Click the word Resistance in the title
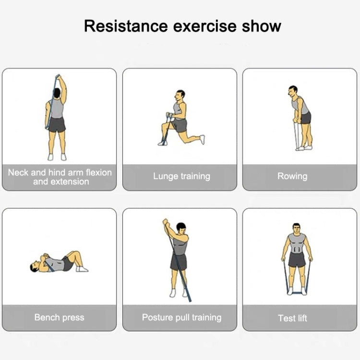(126, 26)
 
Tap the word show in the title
(262, 26)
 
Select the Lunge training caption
(181, 176)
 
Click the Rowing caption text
(292, 176)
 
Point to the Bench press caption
(59, 318)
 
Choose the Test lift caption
(292, 318)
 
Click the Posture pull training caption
(181, 318)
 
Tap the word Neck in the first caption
(18, 172)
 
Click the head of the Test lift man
(297, 228)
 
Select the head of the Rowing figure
(293, 91)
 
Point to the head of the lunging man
(180, 96)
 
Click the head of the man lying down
(35, 266)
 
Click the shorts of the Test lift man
(297, 260)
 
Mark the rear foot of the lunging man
(202, 139)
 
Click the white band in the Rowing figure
(297, 136)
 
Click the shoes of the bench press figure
(82, 269)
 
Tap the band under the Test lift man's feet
(297, 293)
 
